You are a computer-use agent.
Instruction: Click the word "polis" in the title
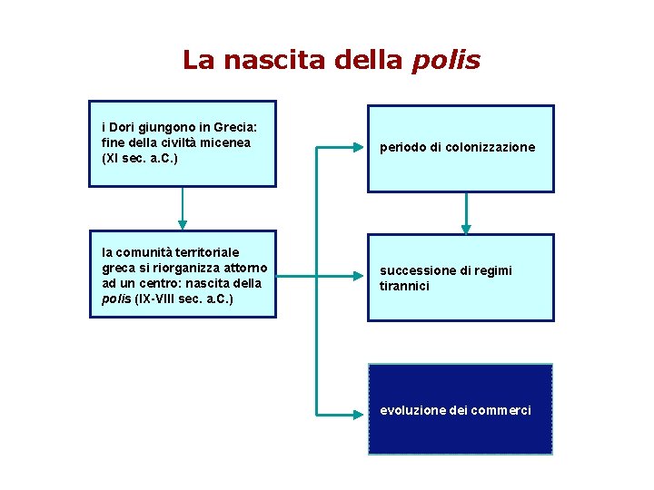tap(446, 61)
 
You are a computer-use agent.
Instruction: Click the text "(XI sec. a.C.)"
tap(140, 158)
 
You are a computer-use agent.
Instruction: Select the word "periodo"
tap(402, 147)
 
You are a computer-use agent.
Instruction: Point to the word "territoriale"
tap(210, 252)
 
